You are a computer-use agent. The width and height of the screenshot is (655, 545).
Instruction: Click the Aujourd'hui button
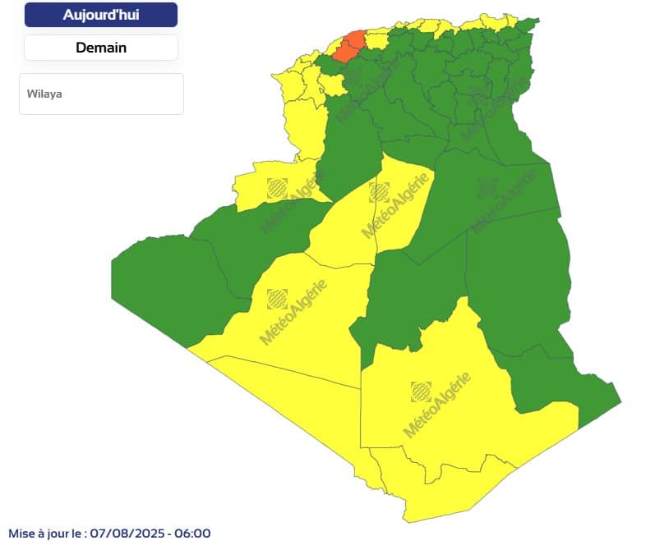click(x=100, y=15)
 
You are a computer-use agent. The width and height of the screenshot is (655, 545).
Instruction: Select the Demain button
click(x=100, y=48)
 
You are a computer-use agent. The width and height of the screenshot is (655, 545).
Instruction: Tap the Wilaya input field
click(x=101, y=94)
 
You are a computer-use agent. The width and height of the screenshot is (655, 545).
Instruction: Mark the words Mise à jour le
click(x=46, y=534)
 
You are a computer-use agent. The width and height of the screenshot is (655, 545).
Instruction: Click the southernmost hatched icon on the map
click(x=420, y=391)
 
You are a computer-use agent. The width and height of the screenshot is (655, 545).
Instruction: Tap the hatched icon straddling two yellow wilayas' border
click(x=378, y=192)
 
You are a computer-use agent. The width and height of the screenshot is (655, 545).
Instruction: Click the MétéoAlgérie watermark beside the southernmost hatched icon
click(x=437, y=405)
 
